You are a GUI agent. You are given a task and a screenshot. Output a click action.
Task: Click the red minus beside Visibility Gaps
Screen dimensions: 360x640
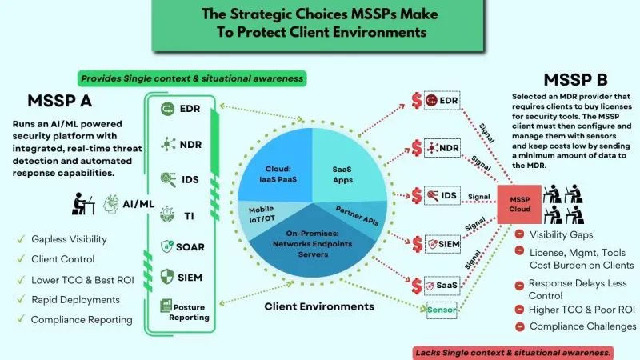point(520,234)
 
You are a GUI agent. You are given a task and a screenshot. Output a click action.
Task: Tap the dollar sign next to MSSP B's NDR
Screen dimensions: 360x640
point(417,148)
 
